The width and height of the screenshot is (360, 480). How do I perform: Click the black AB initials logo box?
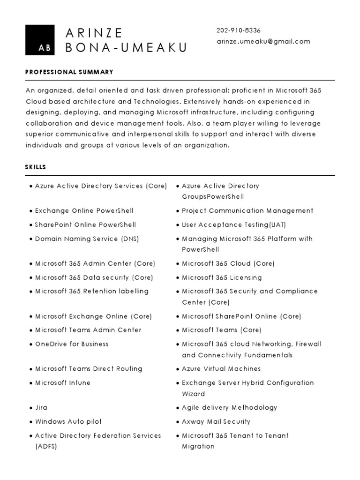click(x=40, y=40)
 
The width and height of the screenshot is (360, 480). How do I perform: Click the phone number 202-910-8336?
click(x=239, y=30)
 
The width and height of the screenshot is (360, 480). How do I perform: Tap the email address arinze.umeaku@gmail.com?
click(x=263, y=41)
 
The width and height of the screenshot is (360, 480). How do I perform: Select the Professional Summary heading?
click(x=69, y=72)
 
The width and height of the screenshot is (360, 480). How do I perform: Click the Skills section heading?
click(x=36, y=167)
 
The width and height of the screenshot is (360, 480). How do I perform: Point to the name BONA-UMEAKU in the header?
click(x=126, y=47)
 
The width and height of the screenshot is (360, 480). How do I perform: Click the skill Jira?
click(x=41, y=407)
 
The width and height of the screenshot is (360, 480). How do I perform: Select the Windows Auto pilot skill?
click(x=68, y=421)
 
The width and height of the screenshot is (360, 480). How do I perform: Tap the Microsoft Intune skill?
click(x=63, y=382)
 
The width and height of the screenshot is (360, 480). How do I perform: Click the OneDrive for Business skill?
click(x=72, y=344)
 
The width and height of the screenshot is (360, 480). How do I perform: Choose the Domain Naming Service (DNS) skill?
click(x=87, y=239)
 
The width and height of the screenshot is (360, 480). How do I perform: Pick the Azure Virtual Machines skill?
click(x=221, y=368)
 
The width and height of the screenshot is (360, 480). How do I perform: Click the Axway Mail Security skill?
click(x=216, y=421)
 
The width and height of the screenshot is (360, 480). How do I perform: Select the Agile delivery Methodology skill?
click(x=230, y=407)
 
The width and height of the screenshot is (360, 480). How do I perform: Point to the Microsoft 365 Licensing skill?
click(x=222, y=277)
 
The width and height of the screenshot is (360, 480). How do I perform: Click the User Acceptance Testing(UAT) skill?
click(x=232, y=225)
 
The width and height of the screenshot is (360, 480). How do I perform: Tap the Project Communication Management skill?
click(x=247, y=210)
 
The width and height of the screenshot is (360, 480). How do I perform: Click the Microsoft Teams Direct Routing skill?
click(x=89, y=368)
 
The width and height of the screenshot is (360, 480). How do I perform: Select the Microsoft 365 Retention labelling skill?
click(x=92, y=291)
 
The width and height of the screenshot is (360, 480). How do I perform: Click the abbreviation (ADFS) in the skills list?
click(x=46, y=446)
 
